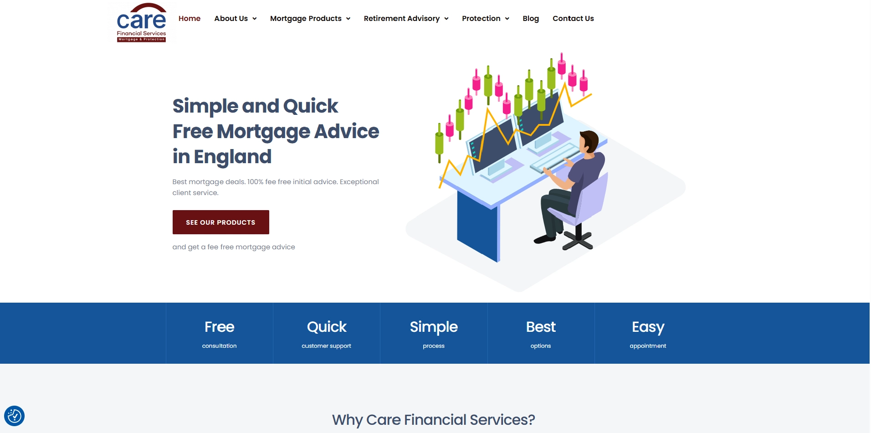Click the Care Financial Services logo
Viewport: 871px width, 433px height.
click(141, 23)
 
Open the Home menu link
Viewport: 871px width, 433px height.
click(190, 19)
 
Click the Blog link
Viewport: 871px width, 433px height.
click(531, 19)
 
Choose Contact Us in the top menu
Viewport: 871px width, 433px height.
click(573, 19)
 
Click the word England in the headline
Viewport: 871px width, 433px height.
click(233, 157)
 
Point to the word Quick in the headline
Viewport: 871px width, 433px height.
click(311, 106)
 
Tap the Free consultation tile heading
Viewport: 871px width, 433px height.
click(220, 327)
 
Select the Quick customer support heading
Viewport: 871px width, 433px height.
click(327, 327)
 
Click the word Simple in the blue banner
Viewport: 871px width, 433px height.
click(434, 327)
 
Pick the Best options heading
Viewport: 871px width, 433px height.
click(541, 327)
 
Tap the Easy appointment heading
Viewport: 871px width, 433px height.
click(648, 327)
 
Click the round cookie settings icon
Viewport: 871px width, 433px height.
click(14, 416)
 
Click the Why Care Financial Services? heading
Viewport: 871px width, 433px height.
click(434, 420)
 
